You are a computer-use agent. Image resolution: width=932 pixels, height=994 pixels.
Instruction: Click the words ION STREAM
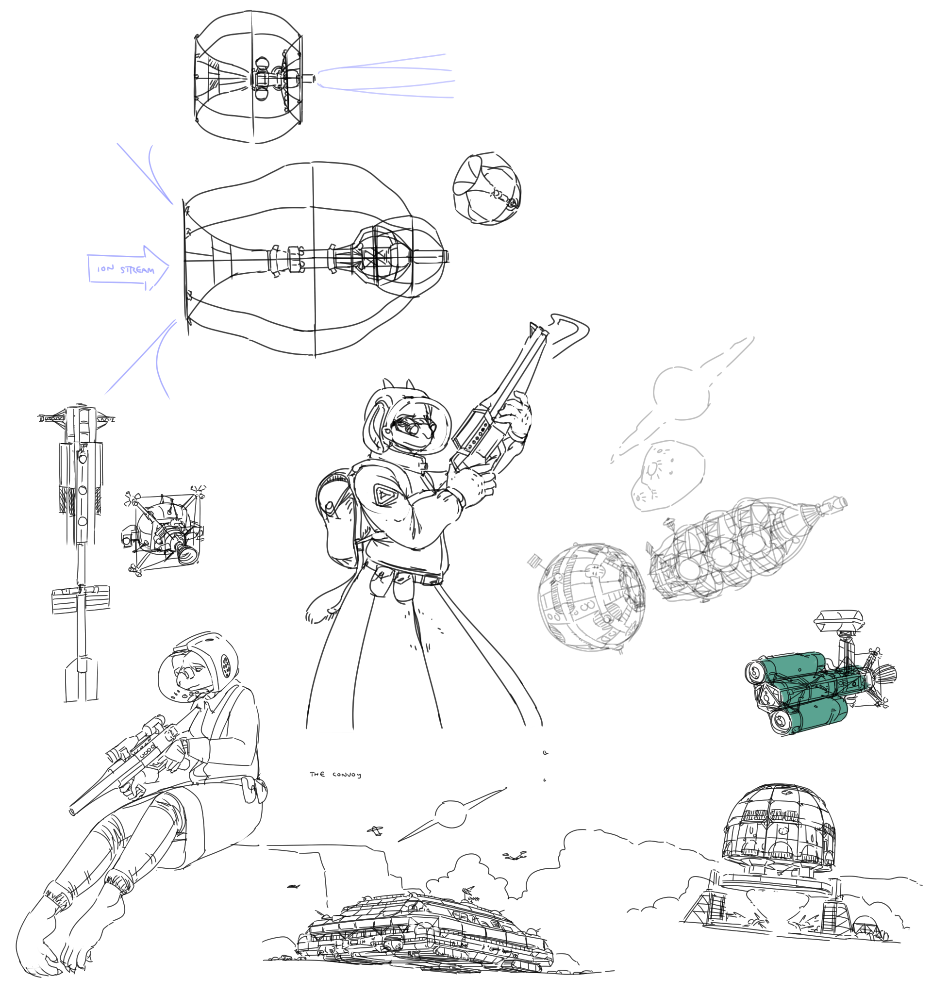tap(126, 269)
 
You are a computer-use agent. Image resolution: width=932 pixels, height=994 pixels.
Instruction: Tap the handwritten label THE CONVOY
tap(335, 775)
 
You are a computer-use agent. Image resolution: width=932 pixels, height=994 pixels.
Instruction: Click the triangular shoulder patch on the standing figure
tap(383, 495)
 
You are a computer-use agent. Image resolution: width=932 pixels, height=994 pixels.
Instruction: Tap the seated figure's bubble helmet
tap(198, 664)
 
